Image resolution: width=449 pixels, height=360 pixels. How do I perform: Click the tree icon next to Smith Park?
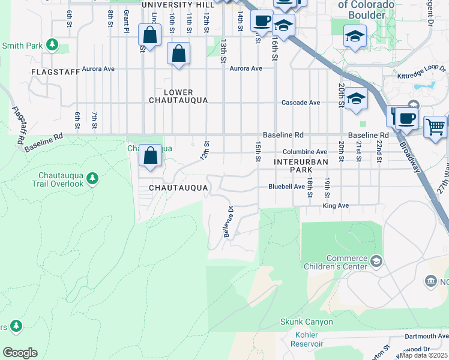[53, 45]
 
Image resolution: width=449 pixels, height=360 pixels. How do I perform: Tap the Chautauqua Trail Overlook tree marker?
[92, 178]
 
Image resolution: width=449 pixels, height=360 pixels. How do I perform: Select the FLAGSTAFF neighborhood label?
[56, 72]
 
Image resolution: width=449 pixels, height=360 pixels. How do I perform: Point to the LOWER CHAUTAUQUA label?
[178, 97]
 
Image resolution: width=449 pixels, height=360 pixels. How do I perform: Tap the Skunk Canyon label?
[306, 322]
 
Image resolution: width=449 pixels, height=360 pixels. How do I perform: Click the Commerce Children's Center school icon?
[376, 260]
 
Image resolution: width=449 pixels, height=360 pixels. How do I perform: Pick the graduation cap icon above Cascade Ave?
[356, 98]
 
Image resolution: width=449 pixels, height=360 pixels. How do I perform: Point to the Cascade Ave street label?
[301, 103]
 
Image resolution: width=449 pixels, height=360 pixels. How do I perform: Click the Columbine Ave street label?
[305, 152]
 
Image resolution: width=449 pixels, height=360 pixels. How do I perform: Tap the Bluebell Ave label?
[286, 187]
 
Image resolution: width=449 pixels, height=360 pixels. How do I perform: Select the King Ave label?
[336, 205]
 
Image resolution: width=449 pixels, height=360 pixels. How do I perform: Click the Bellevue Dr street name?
[228, 222]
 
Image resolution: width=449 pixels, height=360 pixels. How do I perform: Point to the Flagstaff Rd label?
[17, 125]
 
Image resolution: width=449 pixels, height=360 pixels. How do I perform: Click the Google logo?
[20, 352]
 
